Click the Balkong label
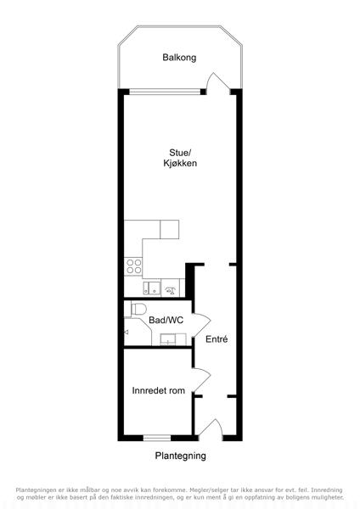tap(179, 58)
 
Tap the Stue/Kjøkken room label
tap(180, 158)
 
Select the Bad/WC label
tap(166, 320)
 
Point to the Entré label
tap(217, 339)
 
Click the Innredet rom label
tap(159, 390)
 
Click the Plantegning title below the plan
tap(180, 456)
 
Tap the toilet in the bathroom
tap(136, 309)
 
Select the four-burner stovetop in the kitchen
tap(134, 266)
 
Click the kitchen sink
tap(152, 288)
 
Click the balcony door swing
tap(217, 81)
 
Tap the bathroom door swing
tap(202, 325)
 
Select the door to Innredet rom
tap(202, 380)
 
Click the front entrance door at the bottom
tap(211, 428)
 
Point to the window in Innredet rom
tap(157, 438)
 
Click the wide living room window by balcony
tap(165, 92)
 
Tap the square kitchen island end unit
tap(170, 230)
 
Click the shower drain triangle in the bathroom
tap(126, 332)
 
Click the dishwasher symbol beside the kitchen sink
tap(171, 288)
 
